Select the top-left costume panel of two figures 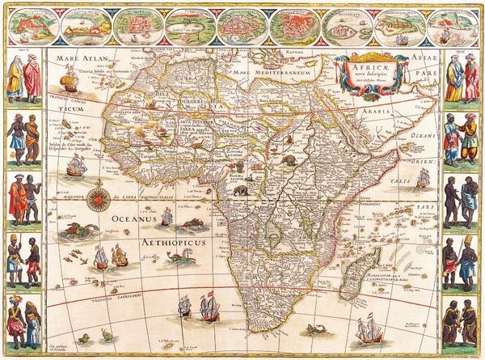pos(23,78)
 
